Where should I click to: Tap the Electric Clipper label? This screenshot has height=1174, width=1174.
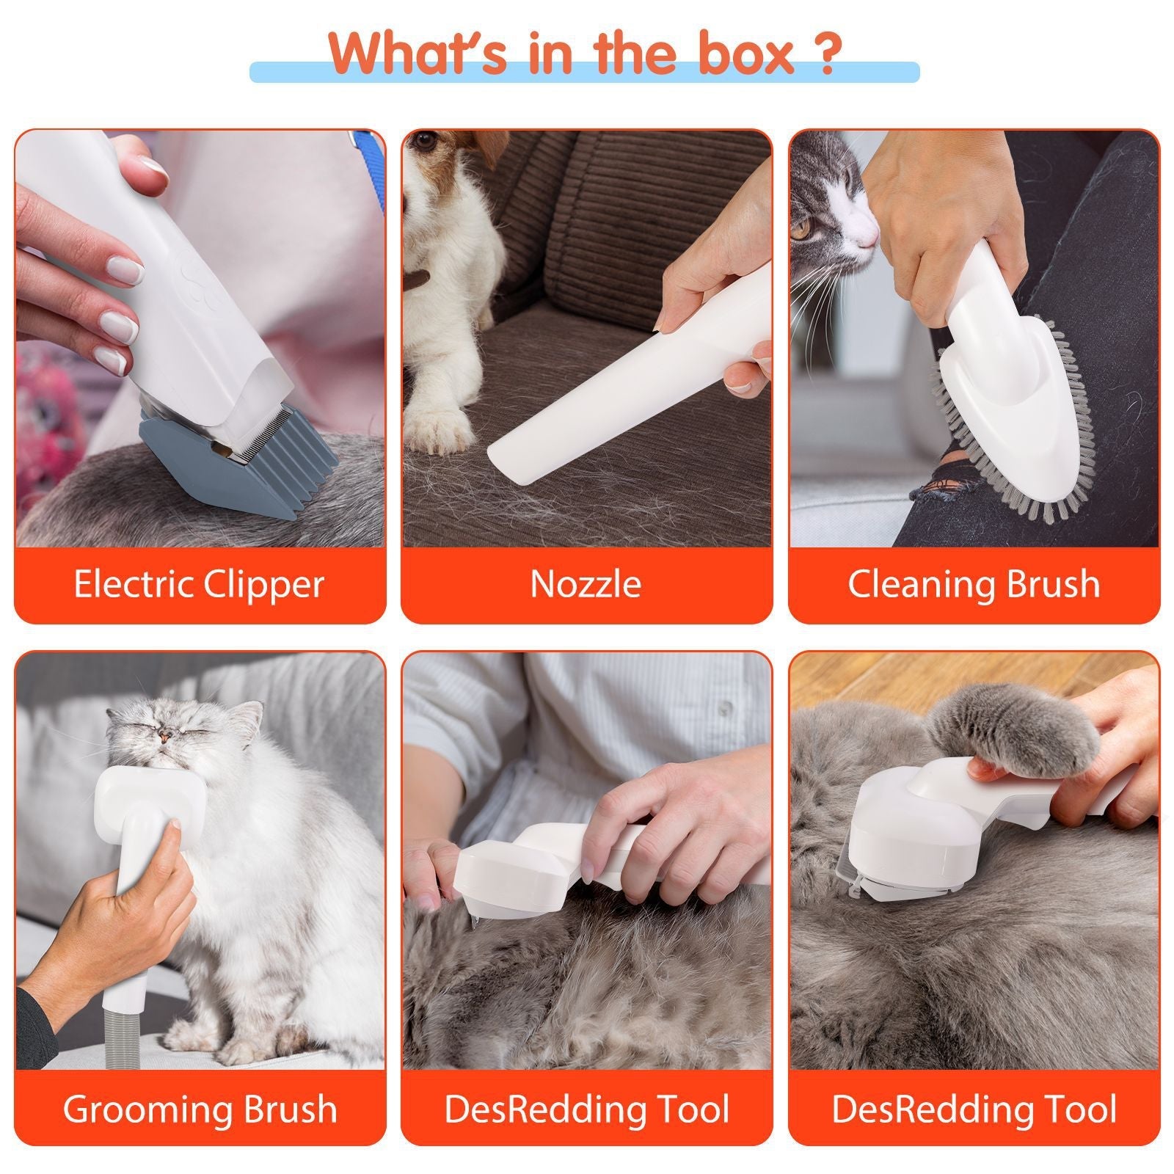click(199, 584)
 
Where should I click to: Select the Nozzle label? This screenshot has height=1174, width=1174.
click(586, 584)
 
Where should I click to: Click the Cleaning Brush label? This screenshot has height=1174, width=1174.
click(974, 584)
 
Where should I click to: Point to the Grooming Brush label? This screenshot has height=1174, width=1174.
click(199, 1109)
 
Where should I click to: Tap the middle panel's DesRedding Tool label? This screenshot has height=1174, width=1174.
click(586, 1109)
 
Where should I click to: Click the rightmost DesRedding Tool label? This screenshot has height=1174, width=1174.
click(974, 1109)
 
